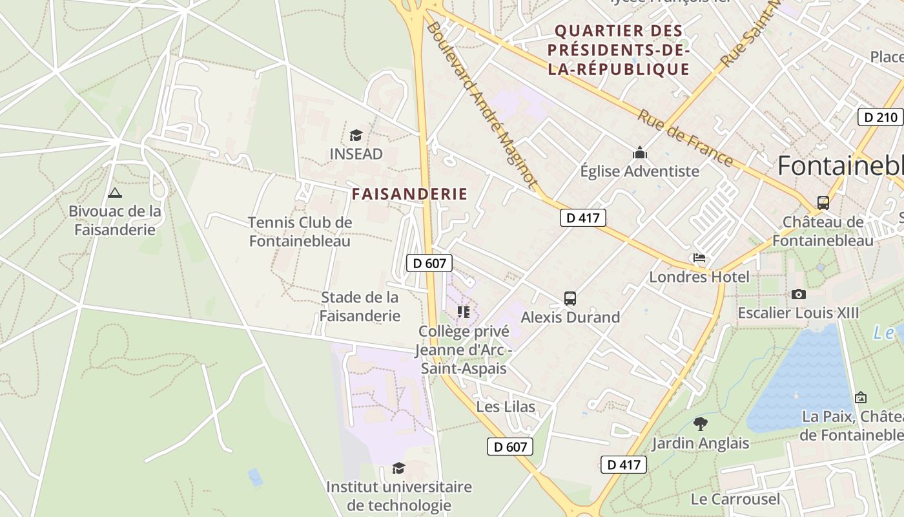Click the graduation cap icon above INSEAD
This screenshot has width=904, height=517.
point(356,135)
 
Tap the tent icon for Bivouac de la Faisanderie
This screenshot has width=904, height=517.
point(115,192)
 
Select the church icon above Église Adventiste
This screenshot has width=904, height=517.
point(640,153)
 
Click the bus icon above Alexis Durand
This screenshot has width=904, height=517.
point(570,299)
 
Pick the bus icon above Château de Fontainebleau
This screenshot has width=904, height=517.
point(823,203)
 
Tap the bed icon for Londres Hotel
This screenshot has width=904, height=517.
point(699,258)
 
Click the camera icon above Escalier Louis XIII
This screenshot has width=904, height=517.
point(799,294)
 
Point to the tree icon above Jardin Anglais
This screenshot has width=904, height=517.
point(701,424)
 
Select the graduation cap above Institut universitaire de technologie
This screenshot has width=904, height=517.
point(399,468)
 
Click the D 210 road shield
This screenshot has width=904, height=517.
point(881,117)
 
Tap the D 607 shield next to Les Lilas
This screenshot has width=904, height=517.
point(510,446)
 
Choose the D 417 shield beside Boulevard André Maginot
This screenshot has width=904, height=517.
point(582,218)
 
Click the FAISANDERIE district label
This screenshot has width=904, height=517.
point(409,193)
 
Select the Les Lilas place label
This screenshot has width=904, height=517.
point(506,406)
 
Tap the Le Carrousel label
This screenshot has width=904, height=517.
point(735,499)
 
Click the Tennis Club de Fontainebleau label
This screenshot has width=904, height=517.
point(300,232)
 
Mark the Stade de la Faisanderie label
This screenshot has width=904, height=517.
point(360,306)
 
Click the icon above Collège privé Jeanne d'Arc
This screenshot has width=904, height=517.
point(464,312)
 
